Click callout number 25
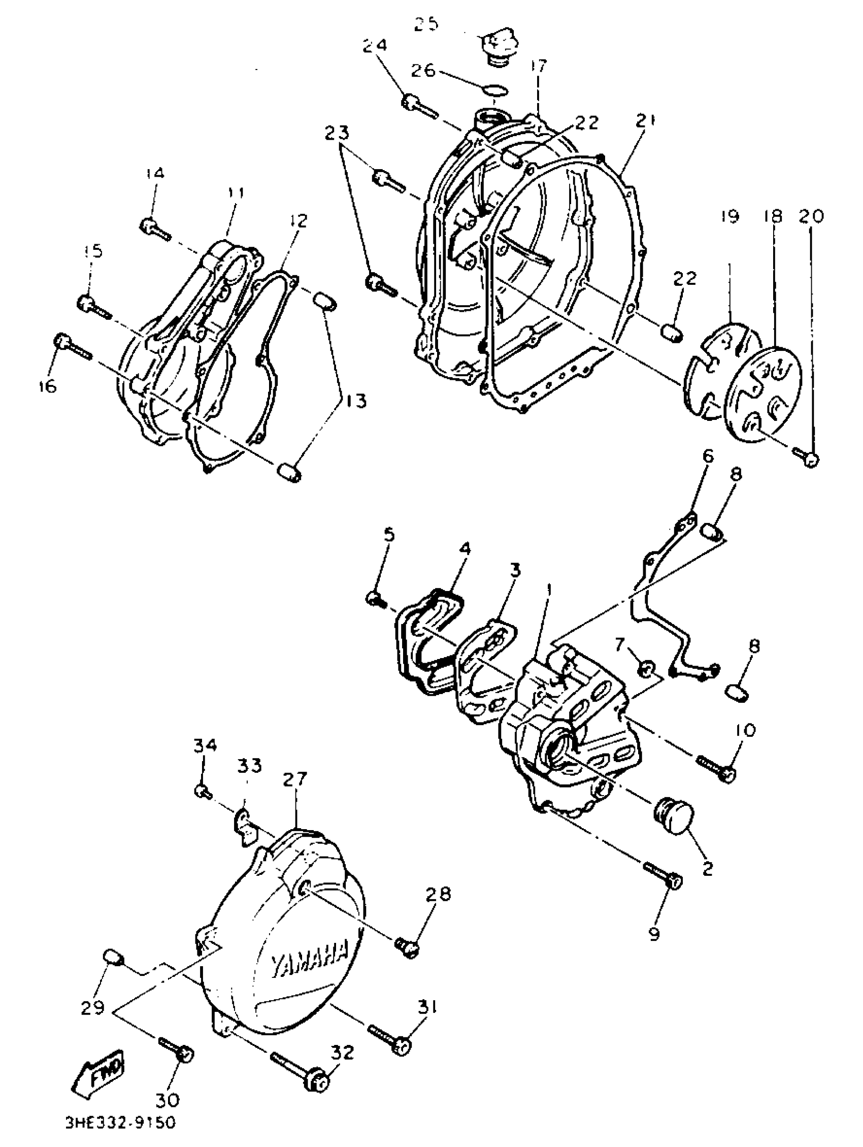tap(426, 24)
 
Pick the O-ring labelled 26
tap(495, 90)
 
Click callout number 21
tap(645, 121)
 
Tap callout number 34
tap(205, 746)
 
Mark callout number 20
tap(811, 216)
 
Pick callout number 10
tap(745, 730)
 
